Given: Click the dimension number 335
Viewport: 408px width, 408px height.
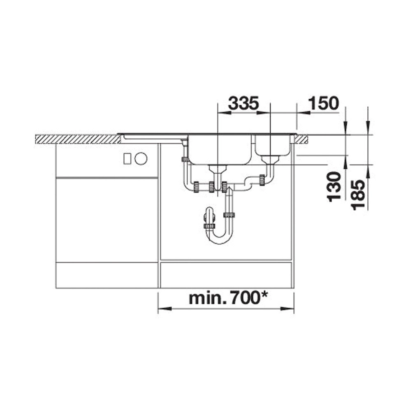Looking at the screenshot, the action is (x=243, y=103).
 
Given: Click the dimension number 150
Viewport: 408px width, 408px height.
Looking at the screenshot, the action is (x=323, y=103).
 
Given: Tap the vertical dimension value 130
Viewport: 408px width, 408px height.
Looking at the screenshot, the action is (x=334, y=187).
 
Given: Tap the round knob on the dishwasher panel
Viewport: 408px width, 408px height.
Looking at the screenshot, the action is (x=141, y=158).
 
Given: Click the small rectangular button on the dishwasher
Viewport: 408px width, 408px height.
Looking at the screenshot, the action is (x=128, y=158).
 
